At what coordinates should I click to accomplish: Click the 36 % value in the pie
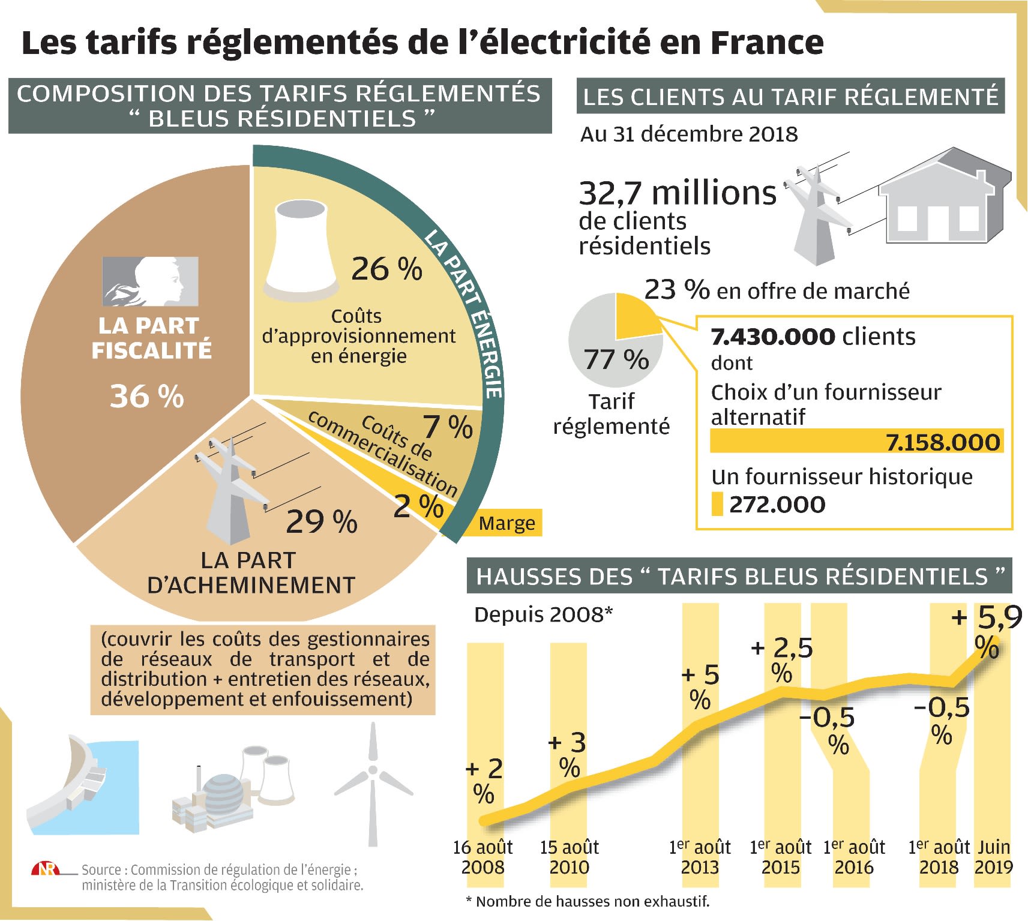(147, 397)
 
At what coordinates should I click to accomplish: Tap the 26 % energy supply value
(386, 269)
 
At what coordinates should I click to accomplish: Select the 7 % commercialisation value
(448, 427)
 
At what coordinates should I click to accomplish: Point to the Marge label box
(507, 523)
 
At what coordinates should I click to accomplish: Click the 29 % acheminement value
(322, 521)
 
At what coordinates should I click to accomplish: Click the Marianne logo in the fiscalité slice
(150, 281)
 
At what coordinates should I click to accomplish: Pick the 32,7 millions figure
(678, 193)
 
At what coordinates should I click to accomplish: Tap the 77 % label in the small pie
(616, 360)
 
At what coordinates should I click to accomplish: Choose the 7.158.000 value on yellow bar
(943, 442)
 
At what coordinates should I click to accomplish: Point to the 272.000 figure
(777, 505)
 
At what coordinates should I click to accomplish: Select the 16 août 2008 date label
(483, 857)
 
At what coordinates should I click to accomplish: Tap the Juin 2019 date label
(994, 857)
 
